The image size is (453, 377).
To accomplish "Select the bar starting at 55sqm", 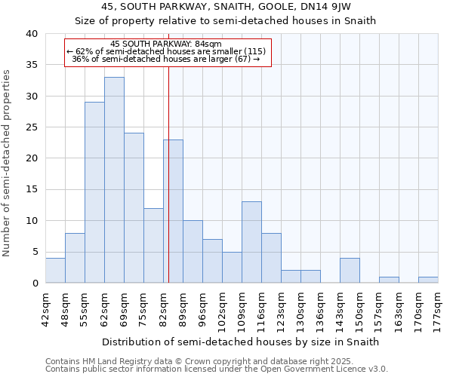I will [94, 192].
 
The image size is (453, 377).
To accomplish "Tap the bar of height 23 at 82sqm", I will [173, 211].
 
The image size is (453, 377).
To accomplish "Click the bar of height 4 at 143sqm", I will [350, 270].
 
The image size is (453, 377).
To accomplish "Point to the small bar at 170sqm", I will [428, 280].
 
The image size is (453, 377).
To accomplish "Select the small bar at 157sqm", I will [389, 280].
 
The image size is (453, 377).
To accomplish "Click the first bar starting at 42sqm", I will [55, 270].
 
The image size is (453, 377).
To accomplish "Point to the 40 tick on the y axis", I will [31, 34].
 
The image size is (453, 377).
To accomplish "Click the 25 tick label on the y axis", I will [31, 127].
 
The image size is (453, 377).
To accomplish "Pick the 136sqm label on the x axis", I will [320, 307].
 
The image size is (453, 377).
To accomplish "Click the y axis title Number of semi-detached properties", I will [8, 162].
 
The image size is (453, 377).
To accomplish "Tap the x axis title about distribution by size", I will [239, 342].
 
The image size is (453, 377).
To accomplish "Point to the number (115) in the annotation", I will [251, 51].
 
